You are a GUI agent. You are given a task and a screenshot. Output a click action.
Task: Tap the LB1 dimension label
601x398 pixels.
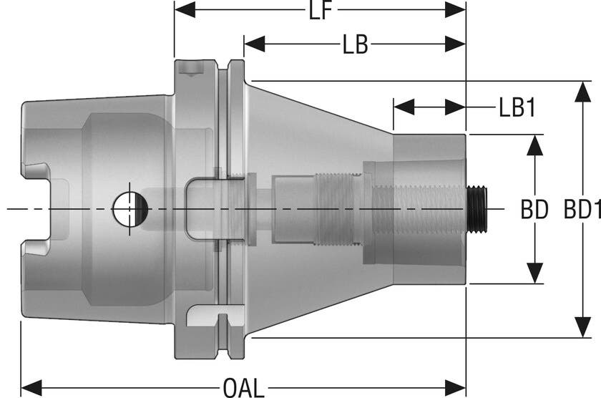point(517,108)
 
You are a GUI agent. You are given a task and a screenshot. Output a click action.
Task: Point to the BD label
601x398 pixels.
point(534,209)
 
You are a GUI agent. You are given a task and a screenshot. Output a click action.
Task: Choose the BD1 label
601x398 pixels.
point(582,209)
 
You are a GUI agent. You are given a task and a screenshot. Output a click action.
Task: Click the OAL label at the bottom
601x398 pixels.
point(243,388)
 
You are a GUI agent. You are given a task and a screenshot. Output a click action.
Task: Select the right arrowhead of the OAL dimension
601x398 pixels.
point(456,387)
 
